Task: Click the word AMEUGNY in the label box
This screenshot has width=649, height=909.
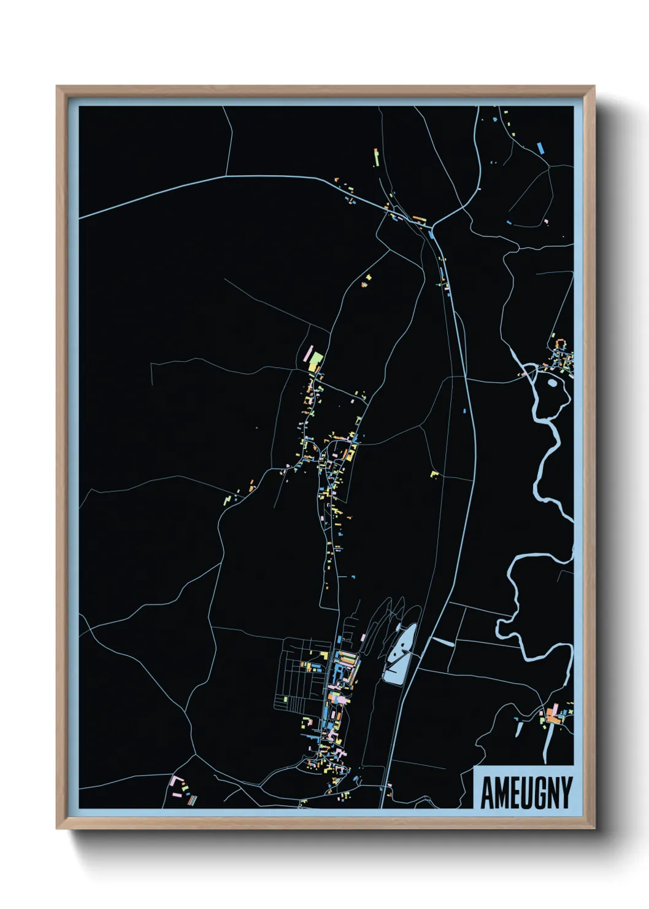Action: click(x=526, y=792)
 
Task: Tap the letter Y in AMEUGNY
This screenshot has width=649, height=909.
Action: click(x=565, y=792)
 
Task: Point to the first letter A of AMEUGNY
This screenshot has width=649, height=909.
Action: click(x=487, y=793)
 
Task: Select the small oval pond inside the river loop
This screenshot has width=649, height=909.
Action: click(x=552, y=383)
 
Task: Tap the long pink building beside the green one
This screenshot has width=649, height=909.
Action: click(x=308, y=354)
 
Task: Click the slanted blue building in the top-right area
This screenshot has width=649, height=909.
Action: click(x=540, y=147)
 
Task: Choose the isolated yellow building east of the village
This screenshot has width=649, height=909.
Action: click(x=434, y=474)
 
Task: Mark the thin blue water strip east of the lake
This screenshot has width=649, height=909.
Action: click(x=443, y=642)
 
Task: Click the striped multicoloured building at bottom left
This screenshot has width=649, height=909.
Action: click(x=193, y=800)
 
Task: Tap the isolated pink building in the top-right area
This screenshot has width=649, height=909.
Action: click(x=545, y=222)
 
